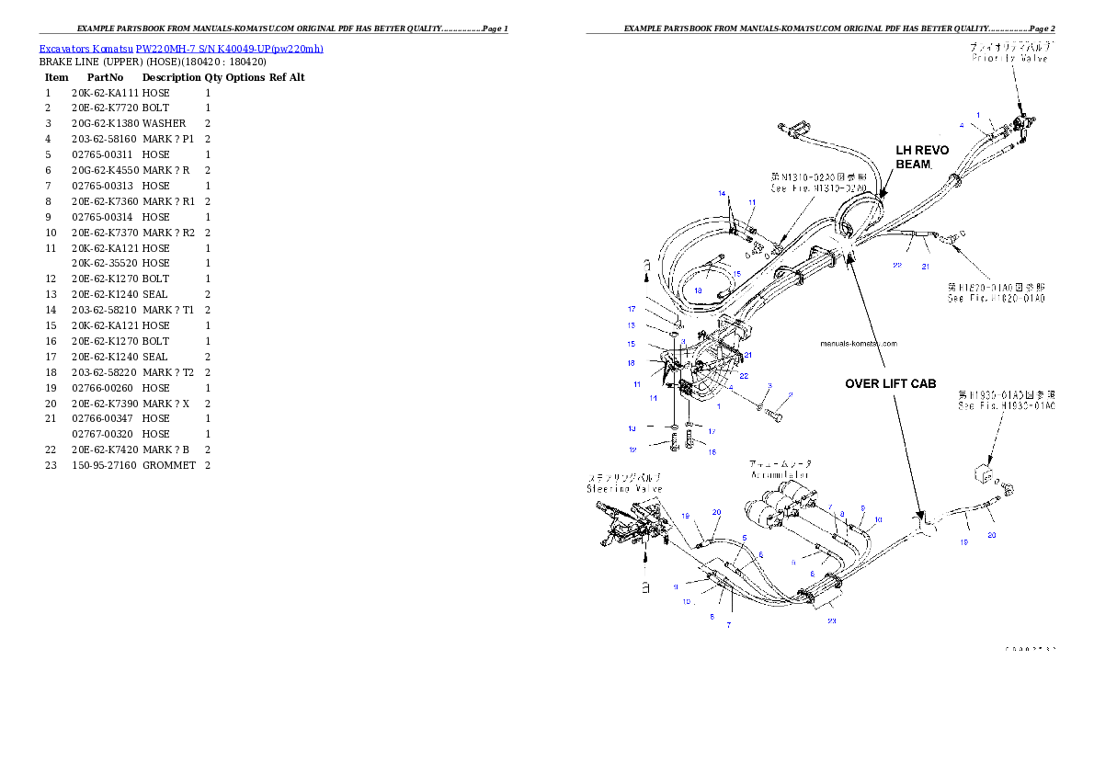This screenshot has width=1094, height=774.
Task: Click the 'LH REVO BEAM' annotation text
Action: (922, 156)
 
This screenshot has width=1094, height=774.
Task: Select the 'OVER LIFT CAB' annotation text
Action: (891, 383)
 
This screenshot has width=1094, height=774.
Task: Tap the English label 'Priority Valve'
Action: (1010, 58)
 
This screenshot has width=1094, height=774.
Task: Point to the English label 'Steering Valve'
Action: (624, 489)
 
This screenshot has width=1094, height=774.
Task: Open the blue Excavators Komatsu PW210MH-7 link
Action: (181, 48)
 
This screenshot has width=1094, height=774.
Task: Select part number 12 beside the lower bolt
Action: (632, 450)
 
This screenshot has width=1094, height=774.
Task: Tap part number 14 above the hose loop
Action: (723, 194)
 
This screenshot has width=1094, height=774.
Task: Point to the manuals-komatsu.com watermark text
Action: (858, 344)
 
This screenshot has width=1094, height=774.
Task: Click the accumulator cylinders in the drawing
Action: (779, 502)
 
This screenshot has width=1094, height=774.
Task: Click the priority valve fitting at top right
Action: (1020, 123)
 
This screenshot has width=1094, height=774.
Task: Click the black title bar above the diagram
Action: (820, 33)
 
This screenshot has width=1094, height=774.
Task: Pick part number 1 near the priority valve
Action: (979, 116)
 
